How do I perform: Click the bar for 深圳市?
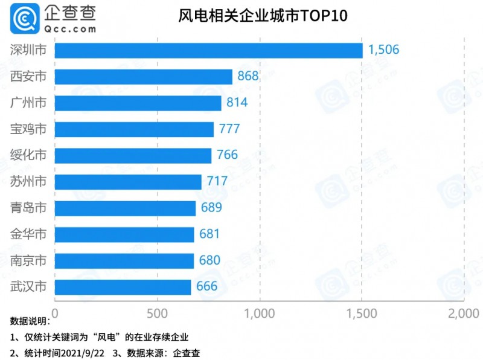[x=208, y=50]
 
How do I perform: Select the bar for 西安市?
[x=144, y=77]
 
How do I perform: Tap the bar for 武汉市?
[x=123, y=287]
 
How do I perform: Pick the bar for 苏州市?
[x=128, y=182]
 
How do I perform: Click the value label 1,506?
[x=383, y=50]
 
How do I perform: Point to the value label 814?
[x=237, y=103]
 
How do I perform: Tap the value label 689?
[x=211, y=208]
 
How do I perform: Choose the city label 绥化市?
[x=28, y=155]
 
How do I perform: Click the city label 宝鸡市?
[x=28, y=129]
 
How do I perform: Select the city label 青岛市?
[x=28, y=208]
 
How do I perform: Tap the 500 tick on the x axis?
[x=157, y=313]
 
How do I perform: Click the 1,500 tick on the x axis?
[x=361, y=313]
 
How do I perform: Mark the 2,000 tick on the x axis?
[x=462, y=313]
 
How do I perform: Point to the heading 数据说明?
[x=28, y=320]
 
